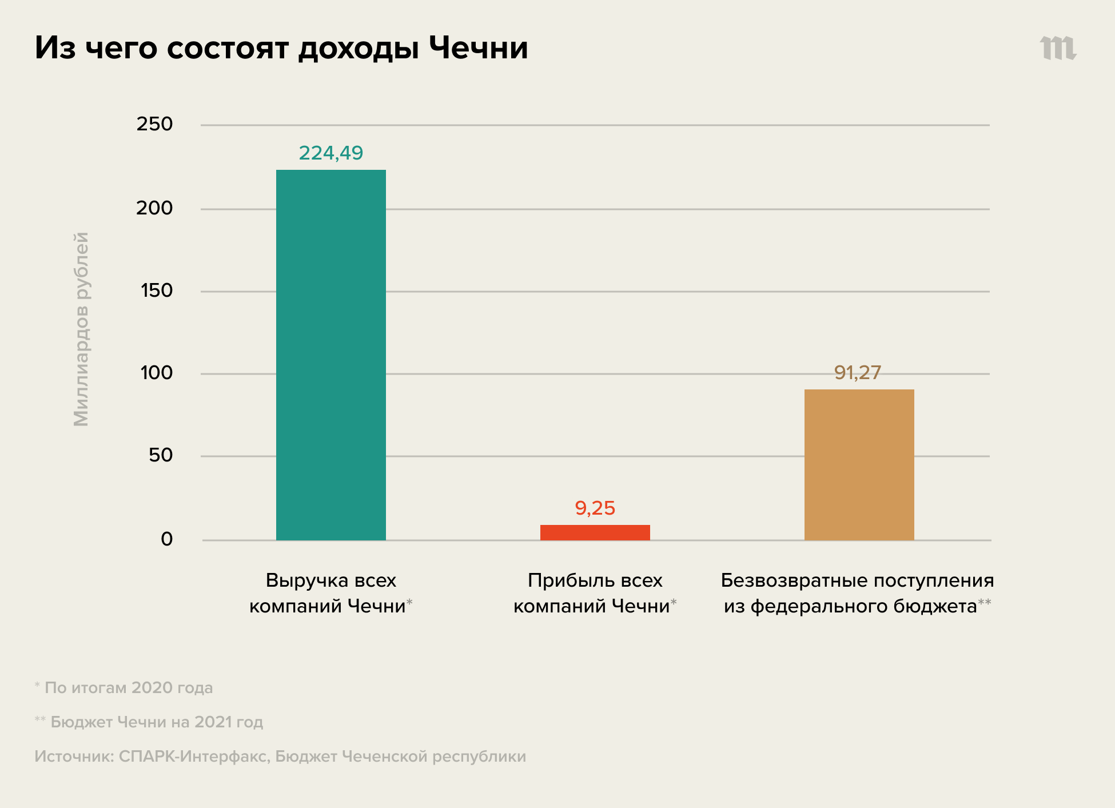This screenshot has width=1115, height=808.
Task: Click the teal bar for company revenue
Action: click(330, 355)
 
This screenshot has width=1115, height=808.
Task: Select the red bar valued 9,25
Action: click(595, 532)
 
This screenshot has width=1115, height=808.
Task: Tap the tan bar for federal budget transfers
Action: click(859, 464)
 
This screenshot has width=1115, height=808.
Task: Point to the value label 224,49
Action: click(330, 153)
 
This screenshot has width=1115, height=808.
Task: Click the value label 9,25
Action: click(595, 508)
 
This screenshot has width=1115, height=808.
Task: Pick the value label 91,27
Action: click(857, 372)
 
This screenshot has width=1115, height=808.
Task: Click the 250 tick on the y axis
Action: click(154, 124)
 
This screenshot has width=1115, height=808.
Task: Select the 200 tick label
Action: click(154, 208)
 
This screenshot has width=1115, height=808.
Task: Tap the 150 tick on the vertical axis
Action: click(157, 290)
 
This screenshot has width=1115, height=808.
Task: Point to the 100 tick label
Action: click(157, 373)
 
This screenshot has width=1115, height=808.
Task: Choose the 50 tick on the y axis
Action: click(161, 455)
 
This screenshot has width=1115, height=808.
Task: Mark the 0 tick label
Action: click(166, 539)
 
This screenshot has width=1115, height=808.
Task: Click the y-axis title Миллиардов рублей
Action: click(81, 329)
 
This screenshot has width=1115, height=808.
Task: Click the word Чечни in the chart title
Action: click(478, 47)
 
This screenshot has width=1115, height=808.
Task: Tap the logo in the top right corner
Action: click(1058, 48)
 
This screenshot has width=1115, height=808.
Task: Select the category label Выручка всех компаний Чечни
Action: click(330, 593)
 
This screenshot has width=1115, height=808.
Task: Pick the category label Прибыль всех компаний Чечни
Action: click(595, 593)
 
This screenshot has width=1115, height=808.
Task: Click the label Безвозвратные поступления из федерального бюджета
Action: click(857, 593)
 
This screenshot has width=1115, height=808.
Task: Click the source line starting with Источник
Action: click(280, 756)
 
